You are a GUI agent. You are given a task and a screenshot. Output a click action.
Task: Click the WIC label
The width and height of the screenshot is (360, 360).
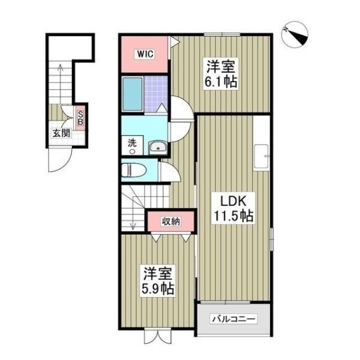[x=145, y=54]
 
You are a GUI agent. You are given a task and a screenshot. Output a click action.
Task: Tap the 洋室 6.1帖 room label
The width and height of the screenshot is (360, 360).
[x=221, y=73]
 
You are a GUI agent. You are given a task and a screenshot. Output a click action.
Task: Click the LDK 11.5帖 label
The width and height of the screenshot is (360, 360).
[x=233, y=208]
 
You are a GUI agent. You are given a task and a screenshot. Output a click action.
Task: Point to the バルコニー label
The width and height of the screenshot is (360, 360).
[x=233, y=319]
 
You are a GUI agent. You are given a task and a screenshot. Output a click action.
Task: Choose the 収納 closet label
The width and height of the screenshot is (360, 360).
[x=171, y=221]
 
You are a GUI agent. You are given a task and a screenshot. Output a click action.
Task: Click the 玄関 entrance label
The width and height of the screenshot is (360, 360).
[x=61, y=133]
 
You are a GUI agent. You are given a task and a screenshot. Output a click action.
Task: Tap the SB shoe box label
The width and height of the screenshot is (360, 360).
[x=80, y=118]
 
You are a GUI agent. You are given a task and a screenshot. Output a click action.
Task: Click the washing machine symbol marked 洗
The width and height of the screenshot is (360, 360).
[x=132, y=146]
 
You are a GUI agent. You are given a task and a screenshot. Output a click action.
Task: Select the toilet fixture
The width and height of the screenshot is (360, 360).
[x=134, y=170]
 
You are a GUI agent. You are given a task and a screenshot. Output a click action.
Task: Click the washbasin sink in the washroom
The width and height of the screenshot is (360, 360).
[x=158, y=148]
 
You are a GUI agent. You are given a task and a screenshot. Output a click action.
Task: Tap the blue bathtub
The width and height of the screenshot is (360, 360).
[x=132, y=94]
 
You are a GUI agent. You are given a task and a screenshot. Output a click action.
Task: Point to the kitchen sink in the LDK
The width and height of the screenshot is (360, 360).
[x=261, y=155]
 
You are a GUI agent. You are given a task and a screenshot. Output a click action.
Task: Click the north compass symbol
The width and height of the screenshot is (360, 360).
[x=295, y=35]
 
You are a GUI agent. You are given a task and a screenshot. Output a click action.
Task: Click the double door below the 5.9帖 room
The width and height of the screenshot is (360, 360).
[x=158, y=337]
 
